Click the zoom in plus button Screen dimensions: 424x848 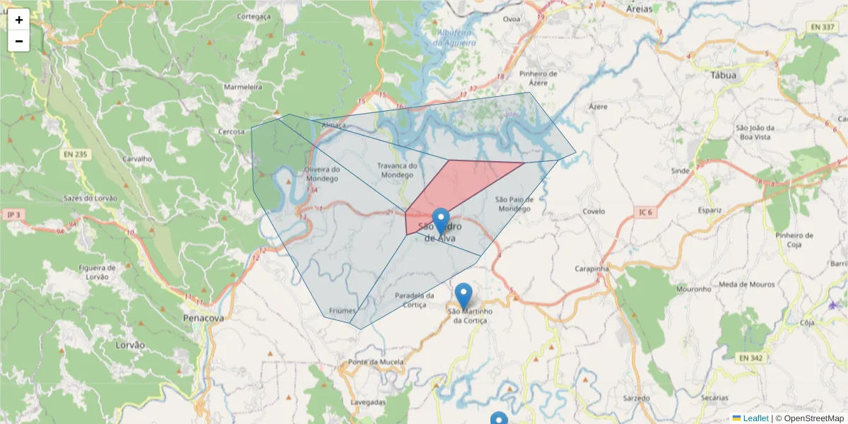[19, 20]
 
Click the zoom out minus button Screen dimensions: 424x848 [19, 41]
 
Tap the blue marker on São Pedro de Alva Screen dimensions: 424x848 [441, 220]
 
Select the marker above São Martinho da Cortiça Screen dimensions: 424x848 [464, 295]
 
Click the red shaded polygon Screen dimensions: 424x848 [459, 187]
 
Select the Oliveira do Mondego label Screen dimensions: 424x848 [322, 173]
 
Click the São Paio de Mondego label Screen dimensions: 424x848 [513, 204]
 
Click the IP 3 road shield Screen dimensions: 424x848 [13, 214]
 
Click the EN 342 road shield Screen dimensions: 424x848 [752, 358]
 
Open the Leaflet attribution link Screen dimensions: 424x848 [755, 418]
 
